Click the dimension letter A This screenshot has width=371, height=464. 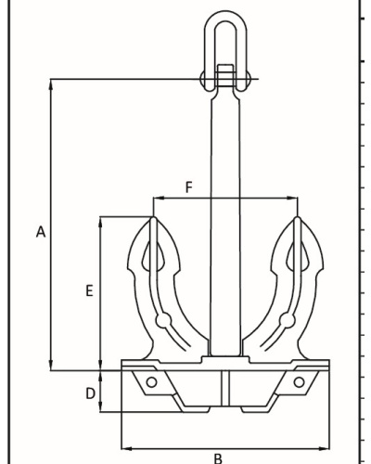coord(41,232)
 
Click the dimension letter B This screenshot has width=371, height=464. coord(218,458)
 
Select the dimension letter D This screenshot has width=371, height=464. coord(90,393)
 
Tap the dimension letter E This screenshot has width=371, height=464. coord(89,291)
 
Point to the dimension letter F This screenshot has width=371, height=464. coord(189,187)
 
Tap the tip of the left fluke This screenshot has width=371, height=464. coord(153,217)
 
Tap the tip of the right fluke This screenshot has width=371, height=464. coord(297,217)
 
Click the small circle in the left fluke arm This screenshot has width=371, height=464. coord(163,320)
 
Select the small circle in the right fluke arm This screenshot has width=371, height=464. coord(288,320)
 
